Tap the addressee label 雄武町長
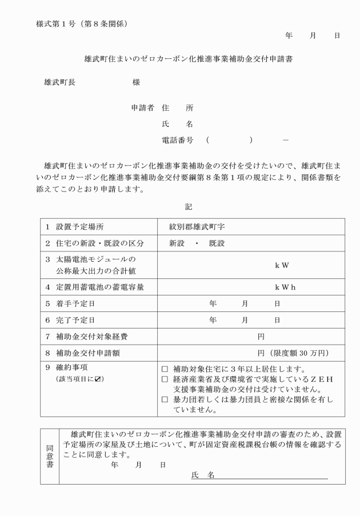click(59, 82)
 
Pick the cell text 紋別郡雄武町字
click(197, 227)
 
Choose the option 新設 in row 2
click(177, 243)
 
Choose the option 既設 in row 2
click(217, 243)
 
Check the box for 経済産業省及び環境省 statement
click(165, 379)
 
